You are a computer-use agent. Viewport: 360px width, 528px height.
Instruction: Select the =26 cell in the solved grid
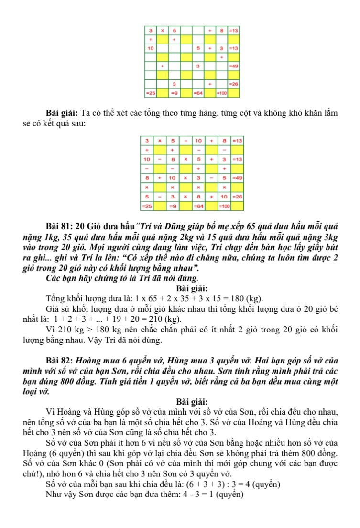coord(236,197)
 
